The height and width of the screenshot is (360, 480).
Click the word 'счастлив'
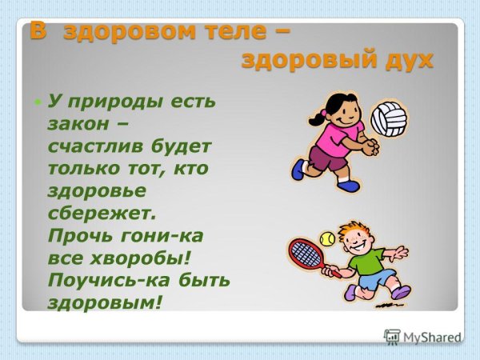click(x=97, y=148)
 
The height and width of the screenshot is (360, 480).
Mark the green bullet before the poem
click(x=37, y=102)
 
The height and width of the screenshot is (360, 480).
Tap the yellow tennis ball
click(x=326, y=238)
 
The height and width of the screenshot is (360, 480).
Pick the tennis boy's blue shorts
click(x=376, y=281)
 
